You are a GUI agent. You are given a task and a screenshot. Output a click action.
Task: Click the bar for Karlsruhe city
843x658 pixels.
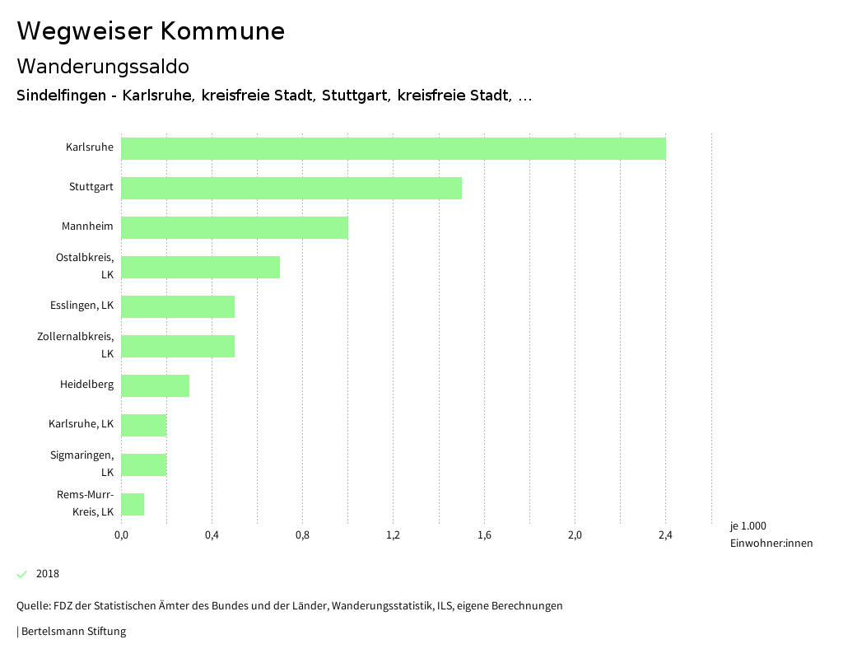pos(393,148)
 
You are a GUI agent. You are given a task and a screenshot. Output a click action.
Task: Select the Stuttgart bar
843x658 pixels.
pos(291,188)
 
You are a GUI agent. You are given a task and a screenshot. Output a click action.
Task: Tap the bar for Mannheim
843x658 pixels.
pos(234,227)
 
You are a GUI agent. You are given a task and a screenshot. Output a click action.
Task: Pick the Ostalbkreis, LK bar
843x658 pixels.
pos(200,267)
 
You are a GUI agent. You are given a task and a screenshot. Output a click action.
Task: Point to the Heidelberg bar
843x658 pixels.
pos(155,385)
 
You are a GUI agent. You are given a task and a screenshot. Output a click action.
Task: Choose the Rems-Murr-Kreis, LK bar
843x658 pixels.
pos(133,504)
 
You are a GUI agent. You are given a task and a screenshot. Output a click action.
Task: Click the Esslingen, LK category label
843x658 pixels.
pos(82,306)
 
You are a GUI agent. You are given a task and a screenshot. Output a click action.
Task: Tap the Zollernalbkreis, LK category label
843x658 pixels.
pos(75,345)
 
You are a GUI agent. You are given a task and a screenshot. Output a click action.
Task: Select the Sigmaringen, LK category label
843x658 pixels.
pos(82,464)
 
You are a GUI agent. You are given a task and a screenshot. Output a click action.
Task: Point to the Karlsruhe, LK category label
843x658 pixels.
pos(81,425)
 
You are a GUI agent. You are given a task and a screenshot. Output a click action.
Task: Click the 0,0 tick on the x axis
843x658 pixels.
pos(121,536)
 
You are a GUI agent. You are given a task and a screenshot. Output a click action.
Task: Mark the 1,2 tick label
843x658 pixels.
pos(393,536)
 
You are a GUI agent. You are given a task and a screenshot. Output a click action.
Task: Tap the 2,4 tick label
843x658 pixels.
pos(665,536)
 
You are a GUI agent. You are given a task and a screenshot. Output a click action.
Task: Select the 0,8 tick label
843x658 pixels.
pos(302,536)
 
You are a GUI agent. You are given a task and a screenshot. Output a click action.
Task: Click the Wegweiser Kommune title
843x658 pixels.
pos(151,31)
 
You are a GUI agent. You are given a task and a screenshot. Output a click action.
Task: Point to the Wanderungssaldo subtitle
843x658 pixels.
pos(103,66)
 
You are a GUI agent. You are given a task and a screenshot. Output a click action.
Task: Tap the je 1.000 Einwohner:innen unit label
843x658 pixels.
pos(771,534)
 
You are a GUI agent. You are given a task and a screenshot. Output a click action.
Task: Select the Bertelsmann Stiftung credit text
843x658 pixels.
pos(73,632)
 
